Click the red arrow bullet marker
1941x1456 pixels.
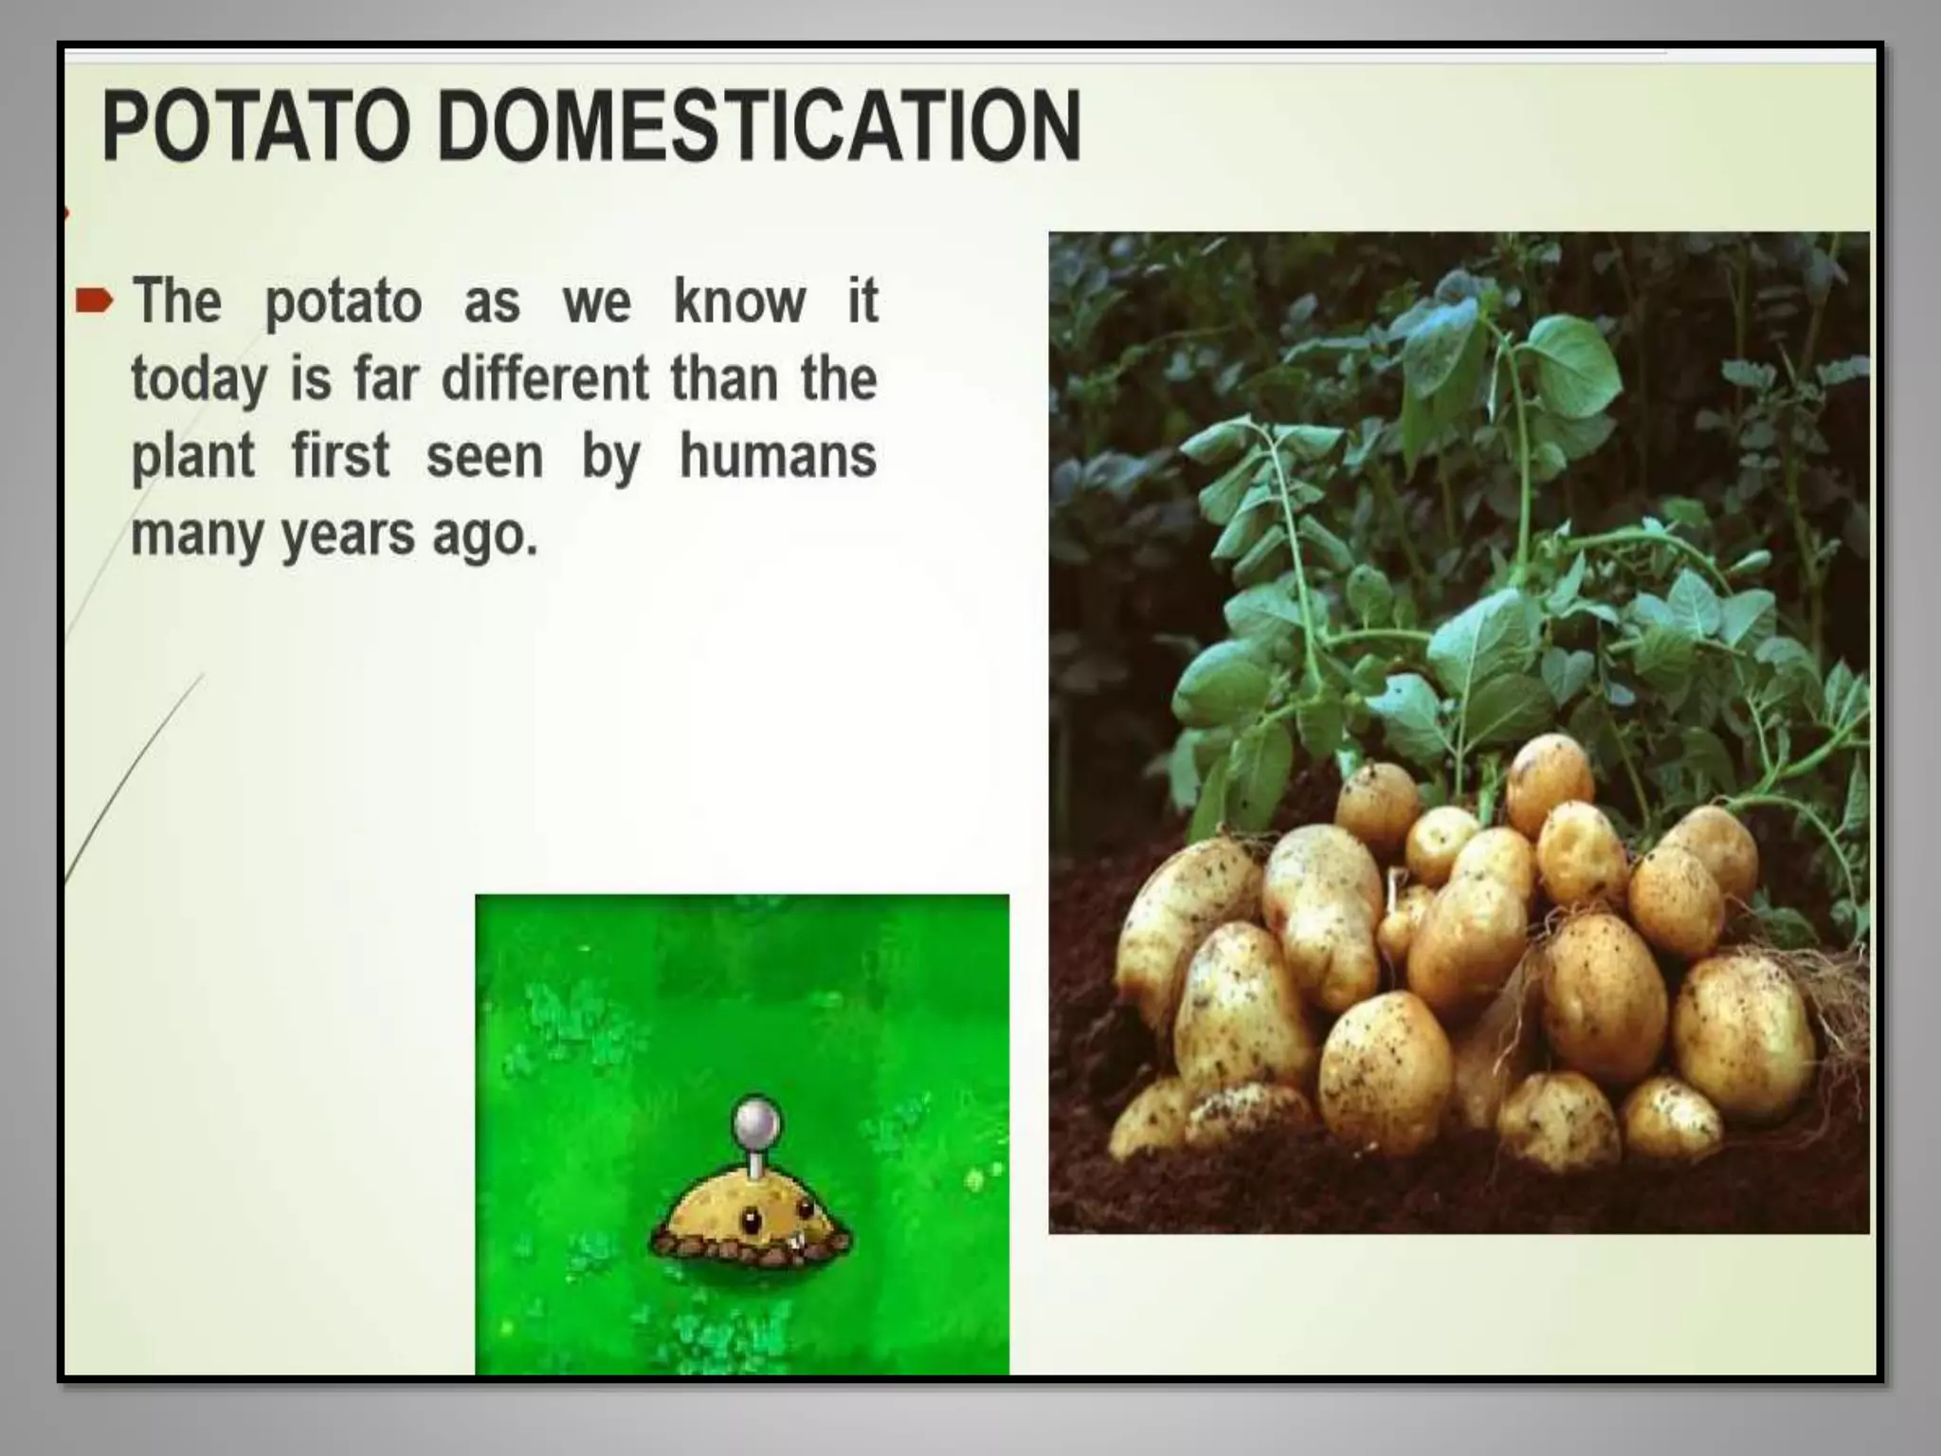point(94,302)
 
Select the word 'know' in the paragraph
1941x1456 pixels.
point(739,301)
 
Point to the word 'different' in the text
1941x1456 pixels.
point(546,378)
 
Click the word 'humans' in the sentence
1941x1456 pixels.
point(777,456)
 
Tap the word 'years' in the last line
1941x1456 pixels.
point(348,536)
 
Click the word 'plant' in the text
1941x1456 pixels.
point(192,458)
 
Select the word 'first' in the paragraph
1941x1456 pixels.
point(340,456)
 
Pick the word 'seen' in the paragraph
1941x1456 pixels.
point(484,457)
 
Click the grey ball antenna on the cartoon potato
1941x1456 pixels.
point(756,1120)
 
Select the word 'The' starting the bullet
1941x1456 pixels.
point(176,301)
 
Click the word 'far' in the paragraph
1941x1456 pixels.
point(386,378)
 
